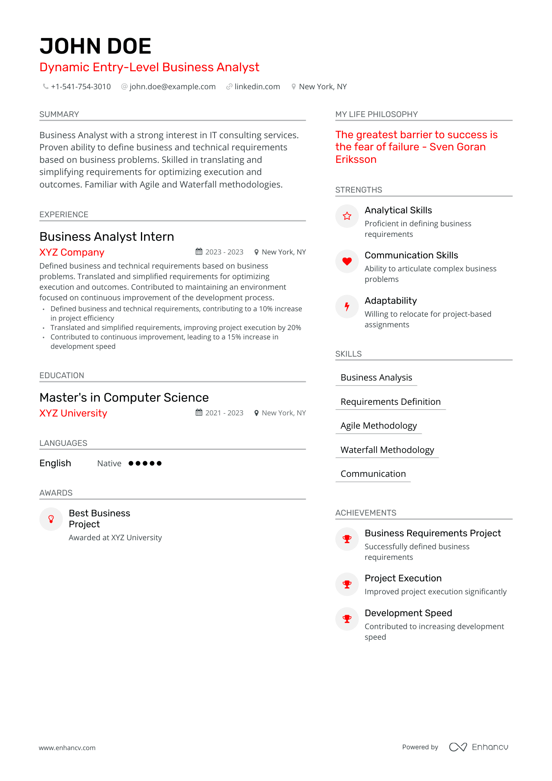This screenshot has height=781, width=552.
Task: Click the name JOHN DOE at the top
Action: click(95, 46)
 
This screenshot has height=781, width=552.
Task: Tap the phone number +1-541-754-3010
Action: click(81, 87)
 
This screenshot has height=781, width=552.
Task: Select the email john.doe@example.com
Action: click(172, 87)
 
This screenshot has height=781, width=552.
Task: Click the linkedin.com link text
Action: click(257, 87)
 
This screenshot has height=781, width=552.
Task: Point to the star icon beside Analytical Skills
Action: click(347, 216)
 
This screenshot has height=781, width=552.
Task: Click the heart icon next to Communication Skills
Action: click(347, 261)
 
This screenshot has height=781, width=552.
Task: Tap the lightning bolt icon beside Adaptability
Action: click(347, 307)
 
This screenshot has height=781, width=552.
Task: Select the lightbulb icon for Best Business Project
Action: click(51, 519)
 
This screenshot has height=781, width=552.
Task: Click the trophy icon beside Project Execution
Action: click(347, 584)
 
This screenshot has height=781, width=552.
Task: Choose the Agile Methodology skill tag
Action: click(379, 426)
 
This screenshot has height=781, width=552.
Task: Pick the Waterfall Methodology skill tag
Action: click(387, 450)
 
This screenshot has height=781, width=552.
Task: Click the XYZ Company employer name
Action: click(72, 253)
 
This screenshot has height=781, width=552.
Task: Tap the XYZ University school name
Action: click(73, 413)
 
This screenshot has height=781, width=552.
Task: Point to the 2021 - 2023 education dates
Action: click(224, 413)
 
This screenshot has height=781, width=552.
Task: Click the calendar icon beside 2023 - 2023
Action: click(199, 252)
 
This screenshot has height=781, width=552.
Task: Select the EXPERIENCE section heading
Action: click(64, 215)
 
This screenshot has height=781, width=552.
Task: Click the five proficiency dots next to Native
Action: click(145, 464)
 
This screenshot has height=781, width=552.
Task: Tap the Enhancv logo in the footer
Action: click(478, 747)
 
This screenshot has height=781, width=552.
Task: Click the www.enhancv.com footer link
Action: click(67, 748)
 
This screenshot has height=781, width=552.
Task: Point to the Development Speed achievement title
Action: click(408, 613)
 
